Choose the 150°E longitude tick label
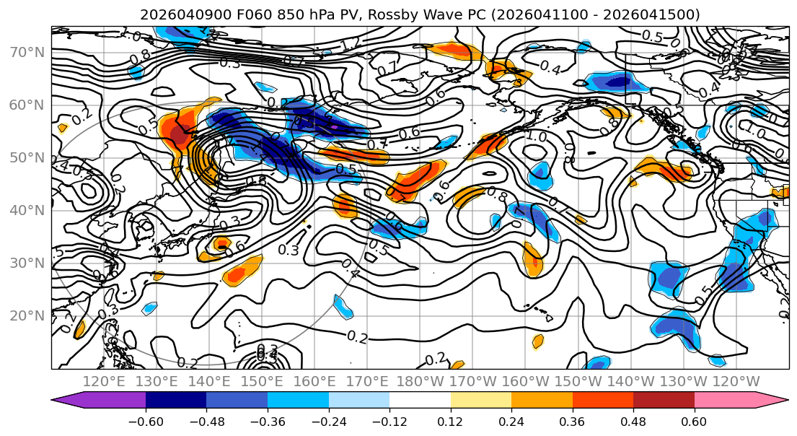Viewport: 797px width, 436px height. click(263, 381)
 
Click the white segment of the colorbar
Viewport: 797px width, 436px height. click(420, 401)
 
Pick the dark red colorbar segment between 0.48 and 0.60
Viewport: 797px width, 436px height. click(664, 401)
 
